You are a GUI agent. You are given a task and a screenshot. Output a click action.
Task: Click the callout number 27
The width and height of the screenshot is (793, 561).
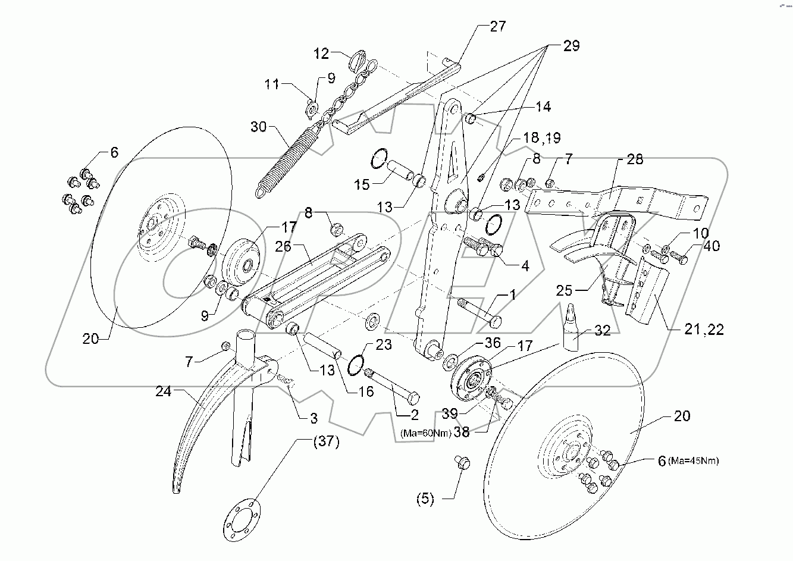click(x=497, y=26)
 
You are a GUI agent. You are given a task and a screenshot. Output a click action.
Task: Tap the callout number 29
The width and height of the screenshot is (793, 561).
click(x=571, y=46)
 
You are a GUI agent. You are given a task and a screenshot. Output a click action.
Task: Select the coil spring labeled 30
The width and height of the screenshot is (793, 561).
click(x=284, y=159)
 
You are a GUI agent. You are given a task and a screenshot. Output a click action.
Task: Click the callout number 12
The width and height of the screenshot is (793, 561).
click(x=321, y=54)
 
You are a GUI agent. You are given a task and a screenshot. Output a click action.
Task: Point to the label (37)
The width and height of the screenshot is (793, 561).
click(x=324, y=441)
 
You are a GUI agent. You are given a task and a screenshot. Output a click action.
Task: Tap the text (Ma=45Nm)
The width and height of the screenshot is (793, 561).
click(x=693, y=460)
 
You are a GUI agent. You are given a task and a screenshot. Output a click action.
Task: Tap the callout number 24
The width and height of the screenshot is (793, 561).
click(x=164, y=392)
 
